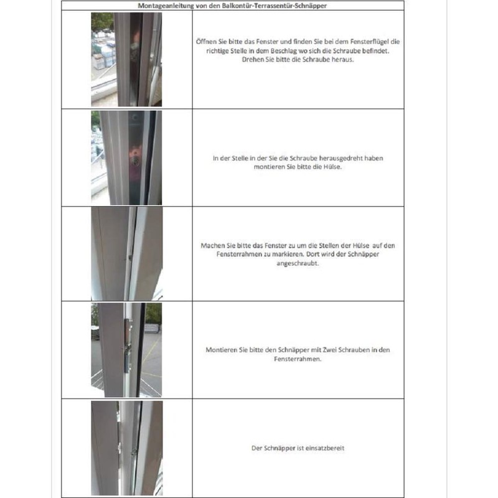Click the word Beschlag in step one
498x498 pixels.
(x=279, y=52)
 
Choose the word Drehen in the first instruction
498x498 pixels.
(x=252, y=61)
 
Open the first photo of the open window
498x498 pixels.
(x=126, y=59)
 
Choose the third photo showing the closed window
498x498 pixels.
(x=126, y=254)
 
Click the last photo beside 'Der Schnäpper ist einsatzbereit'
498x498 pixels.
(x=126, y=448)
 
